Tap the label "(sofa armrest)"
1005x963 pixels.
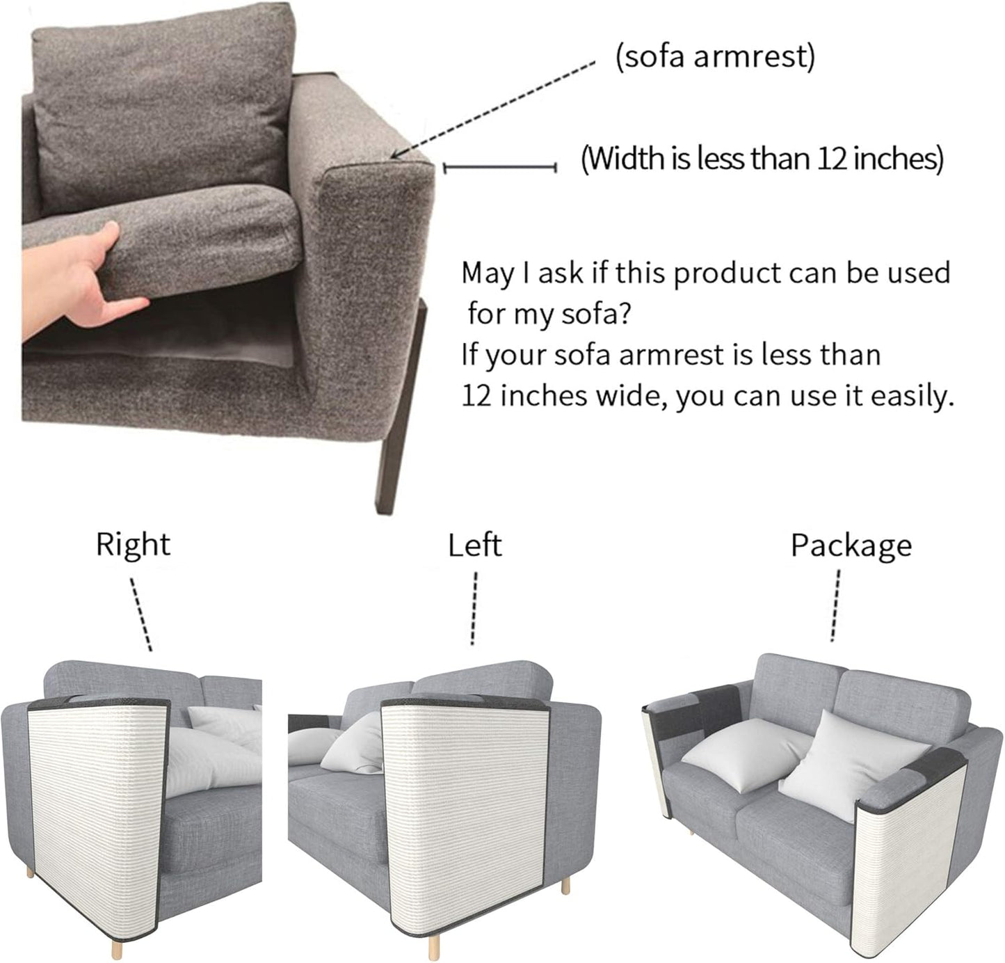(715, 57)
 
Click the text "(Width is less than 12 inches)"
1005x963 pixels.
(762, 159)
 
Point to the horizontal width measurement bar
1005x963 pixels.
(500, 168)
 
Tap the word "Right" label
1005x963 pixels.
(133, 544)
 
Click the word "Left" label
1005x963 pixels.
(474, 546)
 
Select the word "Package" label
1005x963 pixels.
(851, 547)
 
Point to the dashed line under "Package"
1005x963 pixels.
(835, 605)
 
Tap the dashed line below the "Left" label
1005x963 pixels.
(474, 608)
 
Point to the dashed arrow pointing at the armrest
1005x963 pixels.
(493, 109)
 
